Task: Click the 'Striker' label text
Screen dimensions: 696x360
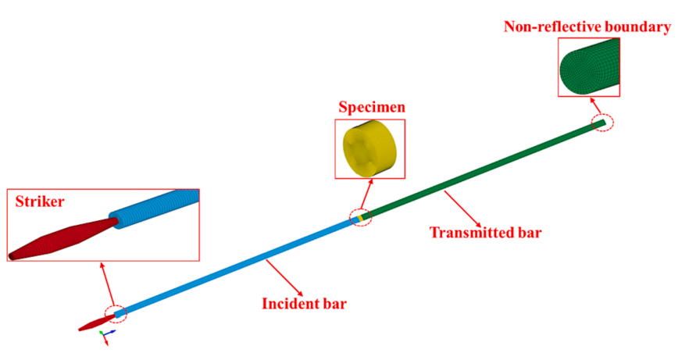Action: click(x=40, y=201)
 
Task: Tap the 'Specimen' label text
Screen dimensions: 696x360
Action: click(x=372, y=107)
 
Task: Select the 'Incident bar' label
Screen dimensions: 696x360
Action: click(x=304, y=304)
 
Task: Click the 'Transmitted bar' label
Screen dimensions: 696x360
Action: click(x=486, y=232)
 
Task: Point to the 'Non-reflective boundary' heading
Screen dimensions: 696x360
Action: click(x=587, y=27)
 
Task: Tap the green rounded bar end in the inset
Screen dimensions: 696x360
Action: click(x=589, y=67)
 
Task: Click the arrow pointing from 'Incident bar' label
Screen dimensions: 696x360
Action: click(x=284, y=278)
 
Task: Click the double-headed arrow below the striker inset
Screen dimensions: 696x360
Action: click(x=108, y=284)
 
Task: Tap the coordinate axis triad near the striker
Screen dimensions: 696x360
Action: click(x=106, y=336)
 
